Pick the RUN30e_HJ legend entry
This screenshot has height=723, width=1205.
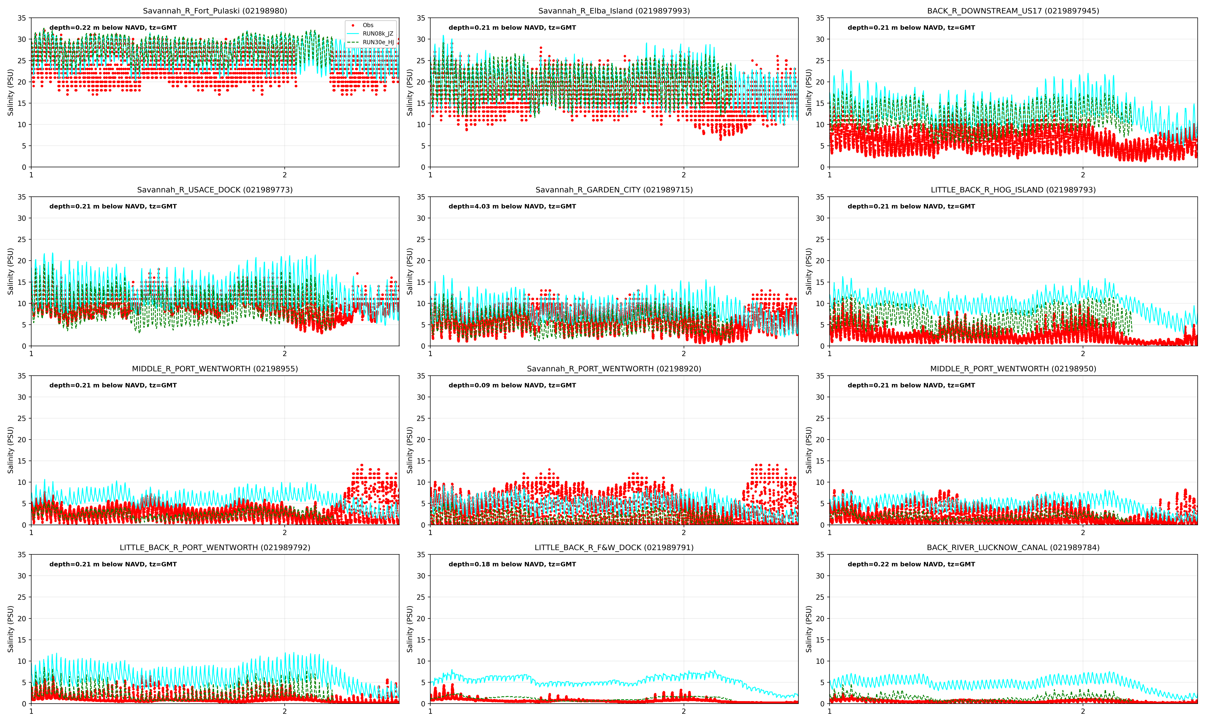(378, 42)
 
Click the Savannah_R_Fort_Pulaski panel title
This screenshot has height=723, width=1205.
(215, 11)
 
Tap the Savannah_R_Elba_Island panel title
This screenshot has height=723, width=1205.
(614, 11)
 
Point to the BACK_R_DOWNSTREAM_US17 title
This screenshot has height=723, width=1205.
(1013, 11)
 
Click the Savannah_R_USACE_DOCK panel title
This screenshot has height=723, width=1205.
(215, 190)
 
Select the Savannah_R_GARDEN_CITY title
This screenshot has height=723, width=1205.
(614, 190)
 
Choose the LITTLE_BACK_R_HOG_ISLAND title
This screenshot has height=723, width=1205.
(1013, 190)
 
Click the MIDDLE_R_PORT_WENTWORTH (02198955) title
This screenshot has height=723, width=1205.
(215, 369)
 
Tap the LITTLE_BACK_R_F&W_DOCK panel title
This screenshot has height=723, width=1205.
(614, 548)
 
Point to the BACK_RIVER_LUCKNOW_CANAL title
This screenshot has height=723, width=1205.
(1013, 548)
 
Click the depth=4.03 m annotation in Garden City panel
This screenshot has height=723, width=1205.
(512, 207)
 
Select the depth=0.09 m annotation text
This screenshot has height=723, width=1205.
(512, 385)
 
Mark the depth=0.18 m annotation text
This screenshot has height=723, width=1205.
(512, 564)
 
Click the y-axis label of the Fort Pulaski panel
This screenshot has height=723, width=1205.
(11, 93)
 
